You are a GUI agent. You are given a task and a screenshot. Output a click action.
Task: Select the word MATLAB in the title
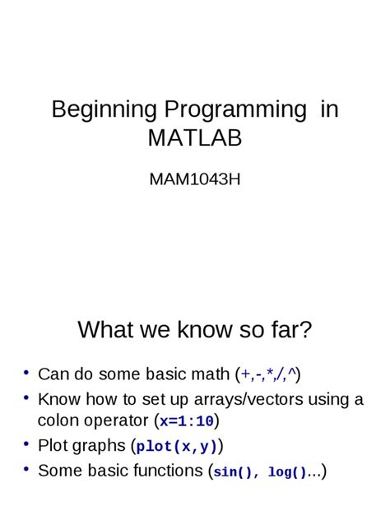point(195,137)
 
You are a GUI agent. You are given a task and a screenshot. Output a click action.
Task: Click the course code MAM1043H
point(195,178)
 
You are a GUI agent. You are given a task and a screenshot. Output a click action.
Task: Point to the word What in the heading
point(104,330)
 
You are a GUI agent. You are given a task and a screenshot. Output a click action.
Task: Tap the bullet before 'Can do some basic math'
point(26,373)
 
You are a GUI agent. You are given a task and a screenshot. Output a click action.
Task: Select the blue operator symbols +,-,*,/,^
point(268,374)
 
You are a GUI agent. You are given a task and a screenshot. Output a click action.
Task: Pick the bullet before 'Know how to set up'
point(26,398)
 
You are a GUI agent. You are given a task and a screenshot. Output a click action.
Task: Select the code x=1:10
point(187,422)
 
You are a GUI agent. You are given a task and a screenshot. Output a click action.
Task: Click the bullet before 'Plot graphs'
point(26,444)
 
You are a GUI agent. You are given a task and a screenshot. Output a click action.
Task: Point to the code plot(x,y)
point(177,447)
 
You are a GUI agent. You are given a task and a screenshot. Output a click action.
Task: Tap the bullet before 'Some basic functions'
point(26,469)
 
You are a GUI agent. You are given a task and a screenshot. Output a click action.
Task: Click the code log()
point(287,472)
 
